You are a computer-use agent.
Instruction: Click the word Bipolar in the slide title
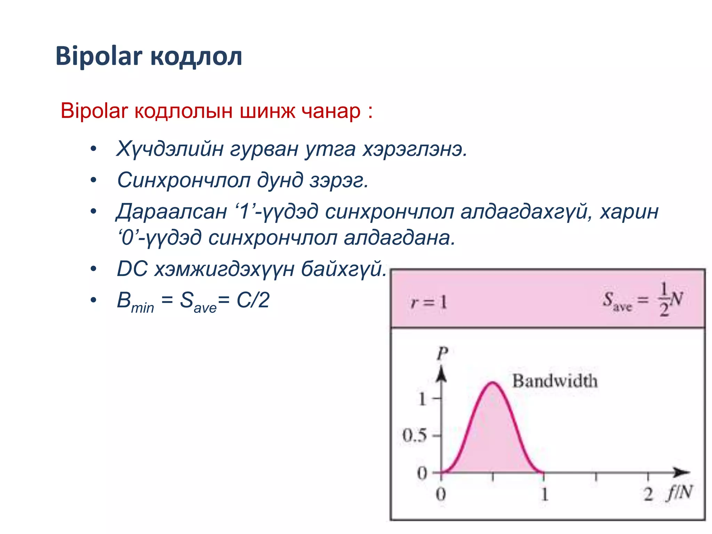(x=99, y=57)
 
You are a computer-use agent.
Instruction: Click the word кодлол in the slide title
(x=197, y=57)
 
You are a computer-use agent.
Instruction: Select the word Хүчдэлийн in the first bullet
(x=169, y=149)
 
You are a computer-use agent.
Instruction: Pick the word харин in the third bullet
(x=629, y=211)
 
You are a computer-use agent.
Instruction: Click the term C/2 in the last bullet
(x=253, y=300)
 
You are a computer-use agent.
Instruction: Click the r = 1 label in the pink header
(x=429, y=302)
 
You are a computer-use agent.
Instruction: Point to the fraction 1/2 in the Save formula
(x=664, y=299)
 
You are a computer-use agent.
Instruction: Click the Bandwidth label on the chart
(x=555, y=381)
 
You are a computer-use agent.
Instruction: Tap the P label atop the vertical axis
(x=442, y=354)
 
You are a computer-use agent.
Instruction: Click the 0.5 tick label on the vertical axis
(x=414, y=436)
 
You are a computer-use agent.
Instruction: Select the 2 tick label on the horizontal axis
(x=648, y=494)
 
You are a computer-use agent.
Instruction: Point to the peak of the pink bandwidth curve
(x=493, y=383)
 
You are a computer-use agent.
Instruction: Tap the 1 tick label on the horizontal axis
(x=544, y=494)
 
